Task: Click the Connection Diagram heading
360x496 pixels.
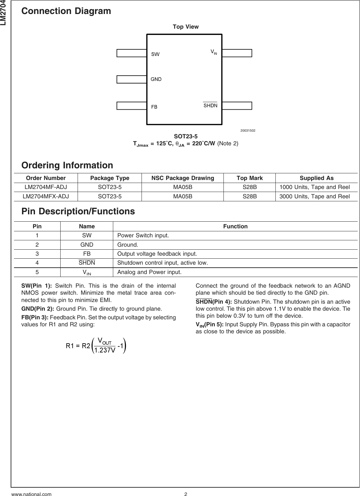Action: [66, 11]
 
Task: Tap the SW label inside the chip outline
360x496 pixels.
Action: [156, 54]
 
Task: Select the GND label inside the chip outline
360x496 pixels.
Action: [156, 79]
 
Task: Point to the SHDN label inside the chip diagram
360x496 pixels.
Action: [210, 106]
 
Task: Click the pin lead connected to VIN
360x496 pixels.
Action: [237, 53]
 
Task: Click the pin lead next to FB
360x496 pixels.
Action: [132, 106]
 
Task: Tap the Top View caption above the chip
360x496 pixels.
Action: [185, 27]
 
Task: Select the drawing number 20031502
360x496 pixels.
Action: [248, 130]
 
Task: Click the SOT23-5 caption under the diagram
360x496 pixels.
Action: [185, 136]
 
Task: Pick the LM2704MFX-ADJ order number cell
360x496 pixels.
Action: [46, 196]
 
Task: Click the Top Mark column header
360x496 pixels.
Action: [249, 178]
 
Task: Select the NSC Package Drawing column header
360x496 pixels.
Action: [182, 178]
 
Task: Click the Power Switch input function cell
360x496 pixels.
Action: [143, 236]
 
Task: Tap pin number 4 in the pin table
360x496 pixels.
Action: [37, 263]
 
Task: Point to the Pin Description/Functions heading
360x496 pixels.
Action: [78, 211]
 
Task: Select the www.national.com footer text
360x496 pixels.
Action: [32, 494]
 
